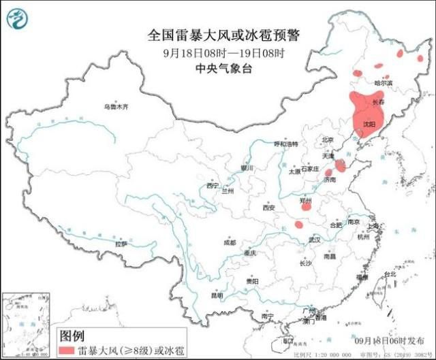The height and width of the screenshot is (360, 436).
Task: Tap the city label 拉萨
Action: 121,243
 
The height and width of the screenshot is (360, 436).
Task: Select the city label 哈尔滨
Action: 384,83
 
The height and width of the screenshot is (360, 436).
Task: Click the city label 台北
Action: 389,274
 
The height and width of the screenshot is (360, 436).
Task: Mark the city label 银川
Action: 246,167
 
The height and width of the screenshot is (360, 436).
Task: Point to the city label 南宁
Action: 267,316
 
